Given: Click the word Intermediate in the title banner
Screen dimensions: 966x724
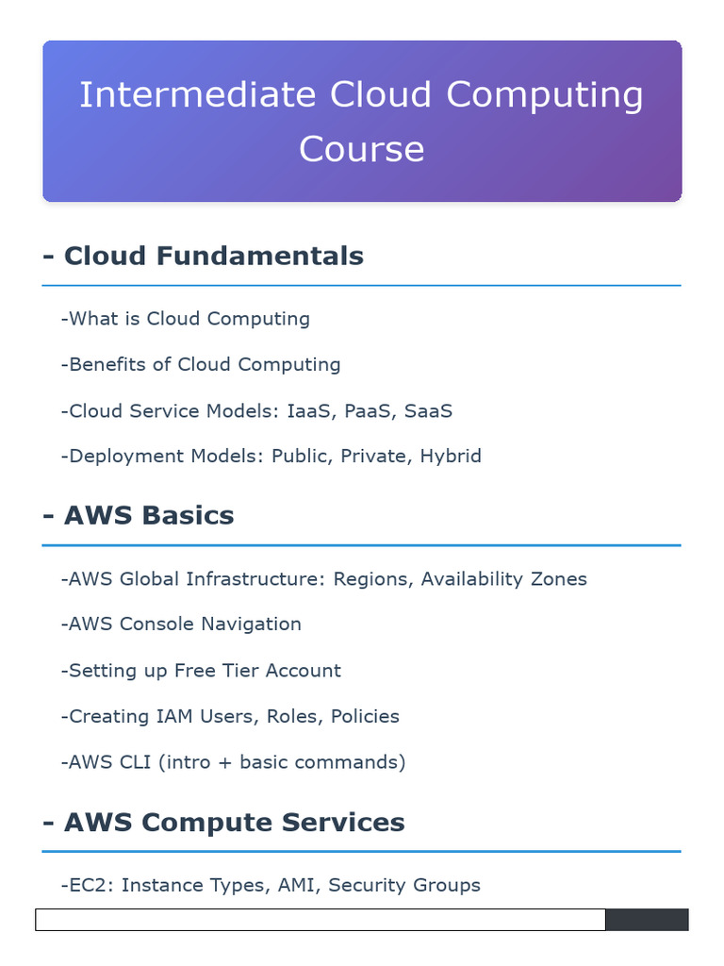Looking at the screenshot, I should (197, 95).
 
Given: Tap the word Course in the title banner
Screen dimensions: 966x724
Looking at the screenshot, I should (361, 149).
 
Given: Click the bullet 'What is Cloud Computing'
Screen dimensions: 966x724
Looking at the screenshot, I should (185, 319).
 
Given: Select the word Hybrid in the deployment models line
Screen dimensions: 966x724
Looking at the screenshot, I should (451, 457).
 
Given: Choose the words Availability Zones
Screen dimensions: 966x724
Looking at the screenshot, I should (503, 578).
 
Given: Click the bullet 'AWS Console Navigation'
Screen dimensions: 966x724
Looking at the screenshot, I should (181, 624).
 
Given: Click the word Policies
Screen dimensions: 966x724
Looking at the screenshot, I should (365, 716).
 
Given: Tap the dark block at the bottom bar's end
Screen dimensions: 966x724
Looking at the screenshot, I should (646, 920).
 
